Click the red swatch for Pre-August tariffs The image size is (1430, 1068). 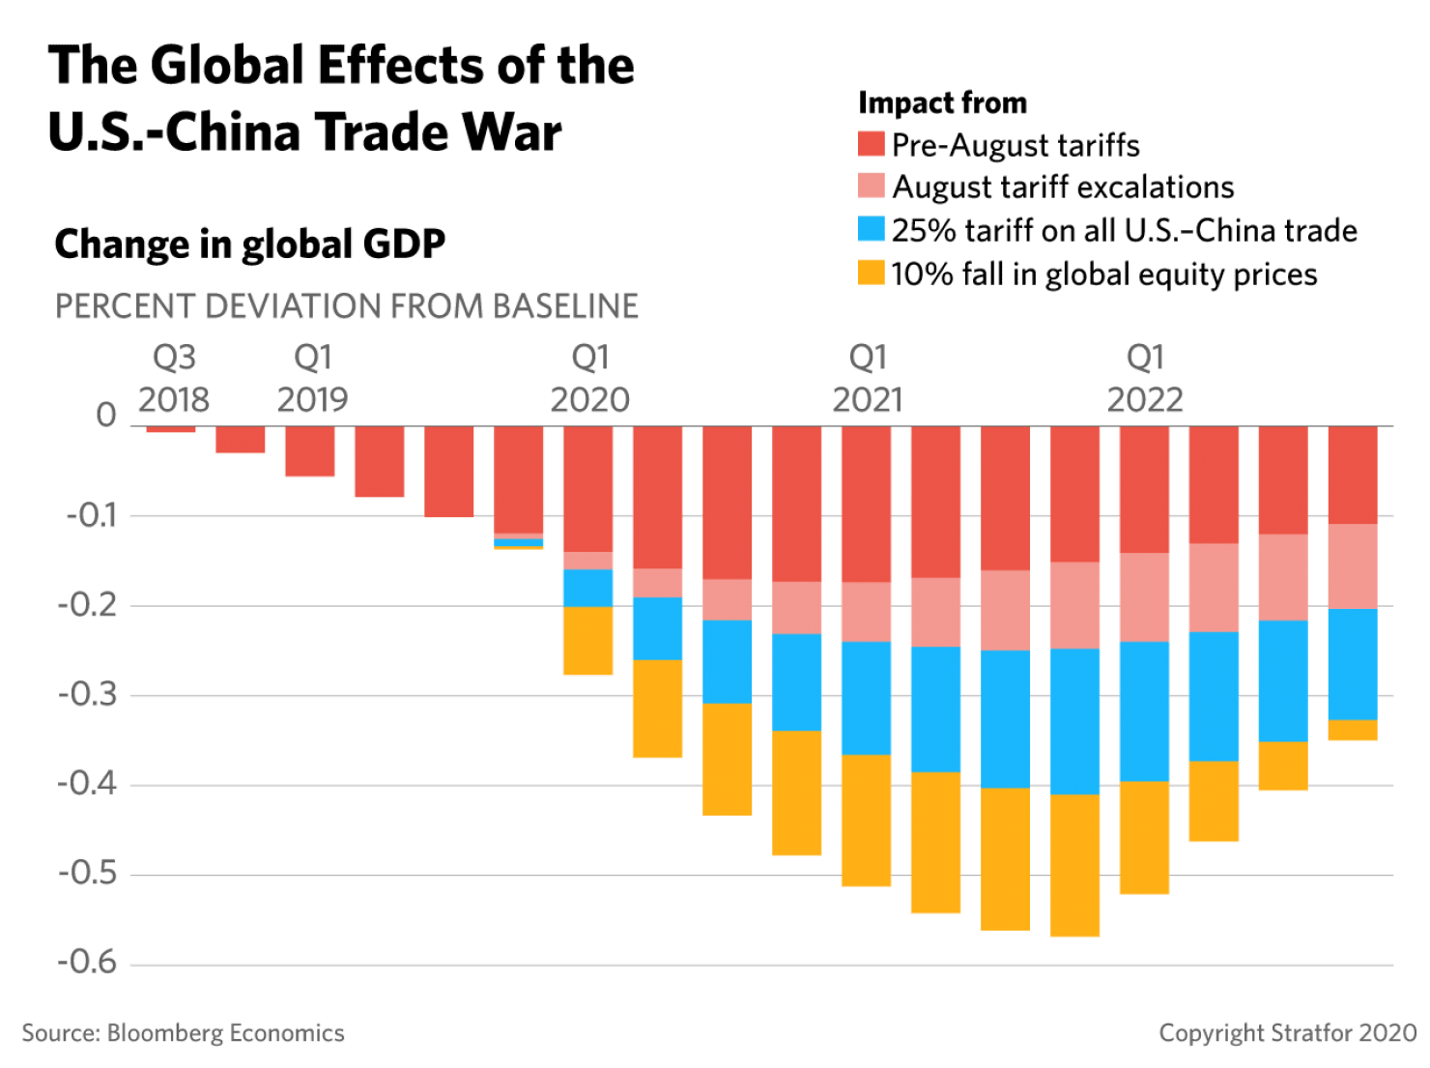pyautogui.click(x=871, y=145)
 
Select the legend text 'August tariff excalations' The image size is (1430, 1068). pyautogui.click(x=1063, y=187)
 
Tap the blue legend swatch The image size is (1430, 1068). pyautogui.click(x=871, y=230)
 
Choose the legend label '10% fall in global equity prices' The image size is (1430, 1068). pyautogui.click(x=1103, y=274)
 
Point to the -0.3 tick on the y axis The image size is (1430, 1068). pyautogui.click(x=89, y=695)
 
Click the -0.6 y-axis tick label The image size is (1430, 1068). pyautogui.click(x=89, y=963)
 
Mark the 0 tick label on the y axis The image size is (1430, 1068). pyautogui.click(x=106, y=416)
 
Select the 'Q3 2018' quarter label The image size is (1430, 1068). pyautogui.click(x=174, y=379)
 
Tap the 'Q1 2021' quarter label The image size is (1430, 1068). pyautogui.click(x=867, y=379)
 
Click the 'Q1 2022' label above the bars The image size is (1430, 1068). pyautogui.click(x=1145, y=379)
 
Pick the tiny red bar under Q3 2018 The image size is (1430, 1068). pyautogui.click(x=171, y=429)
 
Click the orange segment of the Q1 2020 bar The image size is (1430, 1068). pyautogui.click(x=588, y=641)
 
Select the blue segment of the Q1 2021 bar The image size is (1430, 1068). pyautogui.click(x=867, y=698)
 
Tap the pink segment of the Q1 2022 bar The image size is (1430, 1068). pyautogui.click(x=1145, y=597)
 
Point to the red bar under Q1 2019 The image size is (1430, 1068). pyautogui.click(x=310, y=451)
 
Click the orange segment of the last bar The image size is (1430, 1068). pyautogui.click(x=1353, y=731)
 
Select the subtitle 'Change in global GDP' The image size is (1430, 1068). pyautogui.click(x=249, y=244)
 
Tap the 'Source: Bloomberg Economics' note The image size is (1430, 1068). pyautogui.click(x=184, y=1033)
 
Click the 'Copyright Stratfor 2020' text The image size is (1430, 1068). pyautogui.click(x=1287, y=1033)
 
